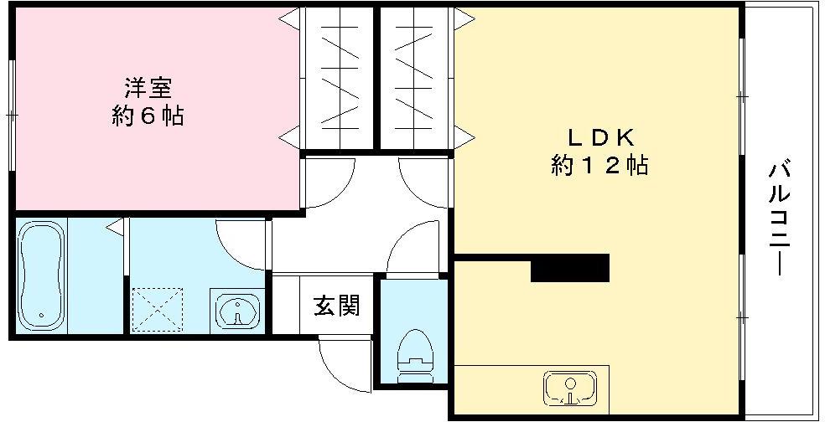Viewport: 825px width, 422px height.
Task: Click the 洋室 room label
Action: (148, 86)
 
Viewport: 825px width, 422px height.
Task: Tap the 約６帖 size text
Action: (148, 116)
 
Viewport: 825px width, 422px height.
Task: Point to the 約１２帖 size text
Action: (599, 166)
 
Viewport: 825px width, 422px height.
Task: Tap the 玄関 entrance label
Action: (336, 306)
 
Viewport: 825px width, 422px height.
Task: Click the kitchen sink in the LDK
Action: (570, 388)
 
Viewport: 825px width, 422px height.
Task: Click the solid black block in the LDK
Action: (569, 269)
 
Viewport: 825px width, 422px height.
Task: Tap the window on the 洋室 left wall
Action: (12, 113)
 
